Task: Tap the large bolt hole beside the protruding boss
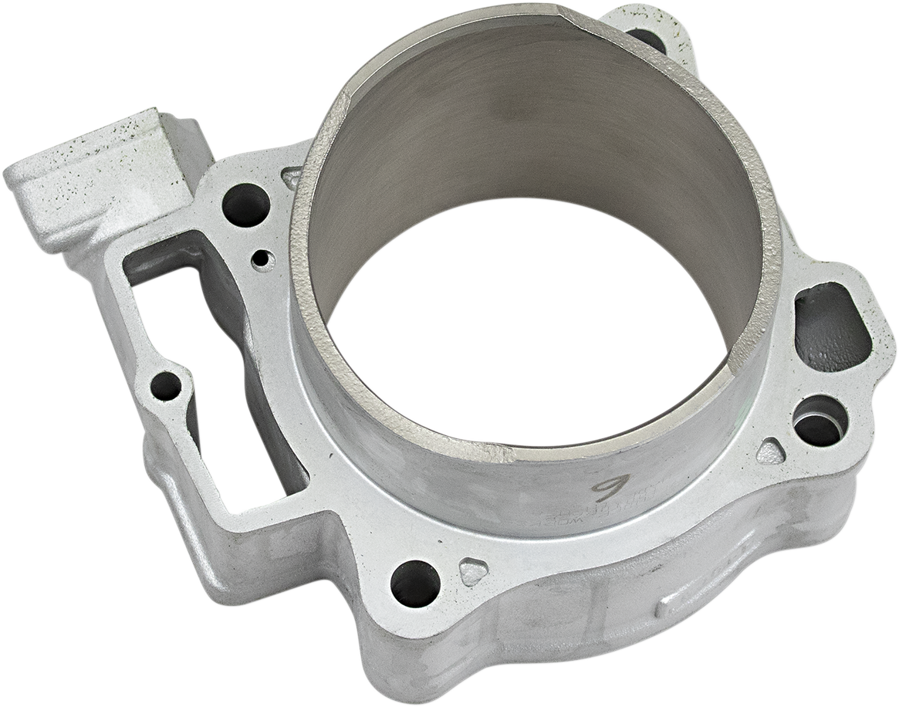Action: (x=245, y=205)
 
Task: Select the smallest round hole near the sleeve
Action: (x=263, y=259)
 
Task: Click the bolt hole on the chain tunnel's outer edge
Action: (x=166, y=386)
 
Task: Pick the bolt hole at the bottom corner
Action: (x=414, y=583)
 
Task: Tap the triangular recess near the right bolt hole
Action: (x=770, y=451)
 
